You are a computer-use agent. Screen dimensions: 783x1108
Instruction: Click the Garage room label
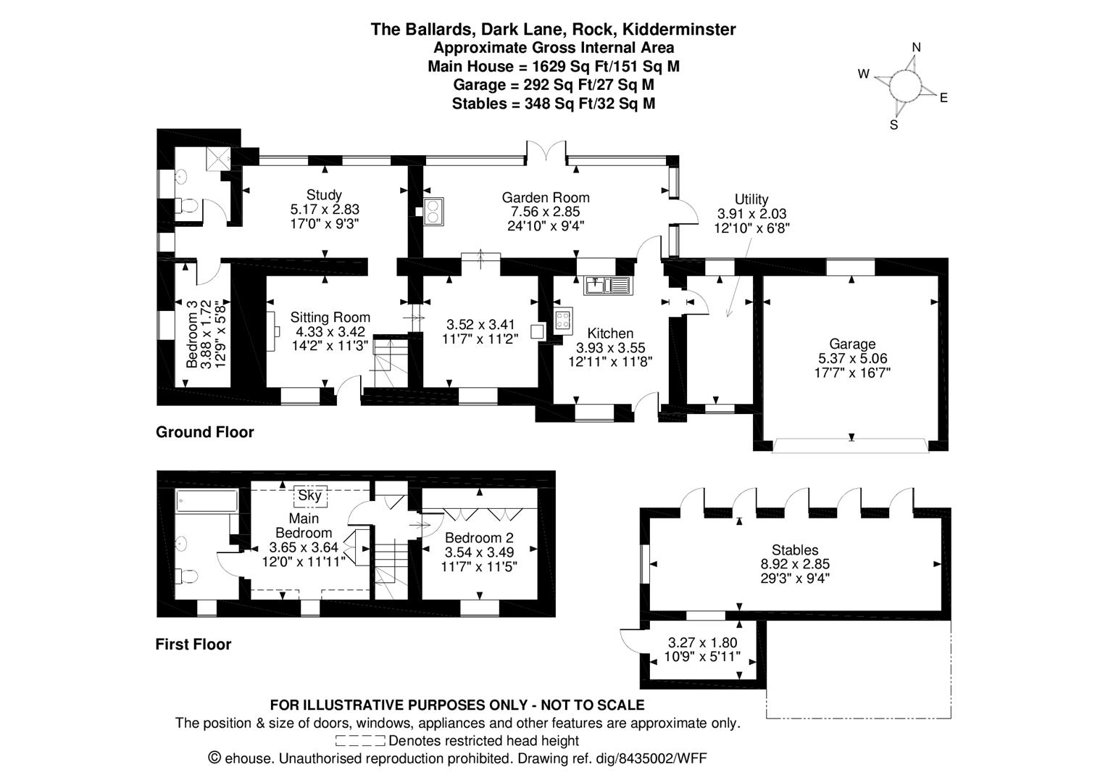pos(852,344)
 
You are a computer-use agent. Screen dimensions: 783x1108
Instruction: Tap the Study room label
pos(324,194)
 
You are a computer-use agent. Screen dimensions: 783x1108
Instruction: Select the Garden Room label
pos(546,197)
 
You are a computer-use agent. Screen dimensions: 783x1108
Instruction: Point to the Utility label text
pos(751,199)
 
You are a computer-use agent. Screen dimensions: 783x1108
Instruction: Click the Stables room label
pos(795,550)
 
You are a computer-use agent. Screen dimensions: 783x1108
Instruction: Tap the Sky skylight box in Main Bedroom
pos(309,496)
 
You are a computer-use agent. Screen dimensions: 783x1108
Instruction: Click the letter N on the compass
pos(916,48)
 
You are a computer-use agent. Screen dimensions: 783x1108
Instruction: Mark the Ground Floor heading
pos(205,433)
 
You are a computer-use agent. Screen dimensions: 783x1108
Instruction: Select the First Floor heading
pos(193,645)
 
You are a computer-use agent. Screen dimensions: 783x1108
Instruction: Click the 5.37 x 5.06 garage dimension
pos(852,359)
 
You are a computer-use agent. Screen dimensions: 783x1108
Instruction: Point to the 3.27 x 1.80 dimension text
pos(702,642)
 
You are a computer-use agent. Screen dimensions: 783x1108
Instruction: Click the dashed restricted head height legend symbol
pos(360,741)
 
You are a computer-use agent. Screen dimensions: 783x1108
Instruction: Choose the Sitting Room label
pos(330,318)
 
